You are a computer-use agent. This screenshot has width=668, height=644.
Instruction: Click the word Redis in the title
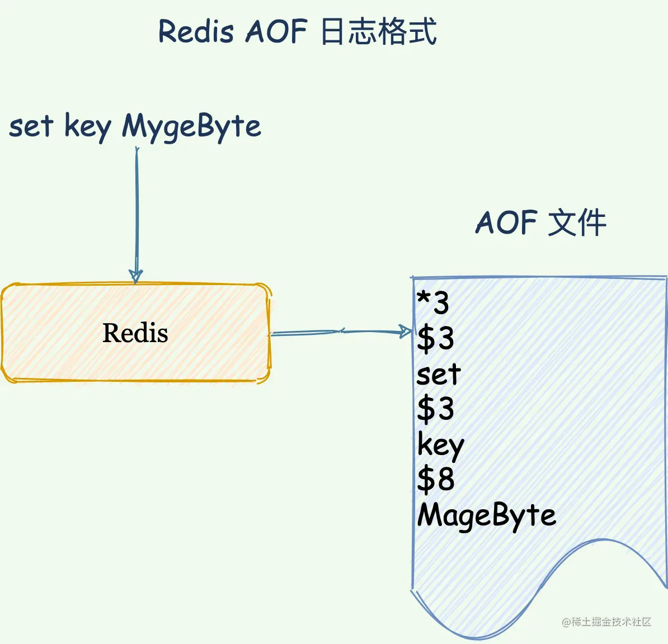point(195,31)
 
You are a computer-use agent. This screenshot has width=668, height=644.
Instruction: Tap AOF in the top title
point(276,31)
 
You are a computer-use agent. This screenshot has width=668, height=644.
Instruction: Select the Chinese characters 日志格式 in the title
point(378,31)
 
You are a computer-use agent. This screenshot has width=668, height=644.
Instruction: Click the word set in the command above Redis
point(31,126)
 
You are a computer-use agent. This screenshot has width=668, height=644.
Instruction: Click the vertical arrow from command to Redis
point(137,212)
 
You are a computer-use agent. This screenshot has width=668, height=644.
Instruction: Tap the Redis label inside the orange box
point(135,333)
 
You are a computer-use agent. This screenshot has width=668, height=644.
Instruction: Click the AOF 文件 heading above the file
point(540,222)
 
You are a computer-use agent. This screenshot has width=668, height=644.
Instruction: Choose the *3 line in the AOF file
point(433,302)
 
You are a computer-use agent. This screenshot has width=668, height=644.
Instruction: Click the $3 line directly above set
point(435,338)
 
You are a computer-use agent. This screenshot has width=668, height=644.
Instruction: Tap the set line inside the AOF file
point(438,374)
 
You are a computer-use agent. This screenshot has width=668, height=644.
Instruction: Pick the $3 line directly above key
point(435,408)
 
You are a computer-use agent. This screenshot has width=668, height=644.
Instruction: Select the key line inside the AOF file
point(440,446)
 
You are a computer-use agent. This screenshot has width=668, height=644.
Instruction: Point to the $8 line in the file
point(435,479)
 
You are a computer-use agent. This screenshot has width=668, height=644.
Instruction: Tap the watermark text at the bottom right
point(606,622)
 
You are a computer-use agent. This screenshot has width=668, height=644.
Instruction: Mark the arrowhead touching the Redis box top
point(136,277)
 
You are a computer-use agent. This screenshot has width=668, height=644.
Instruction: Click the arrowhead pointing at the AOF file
point(406,332)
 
